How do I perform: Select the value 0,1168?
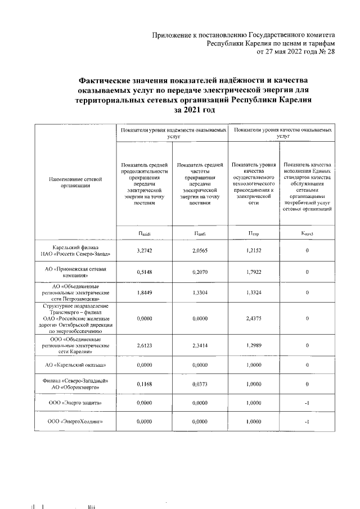tap(145, 384)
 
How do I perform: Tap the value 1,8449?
tap(145, 292)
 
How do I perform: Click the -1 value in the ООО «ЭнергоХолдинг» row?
tap(308, 421)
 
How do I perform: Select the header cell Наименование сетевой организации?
tap(75, 180)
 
